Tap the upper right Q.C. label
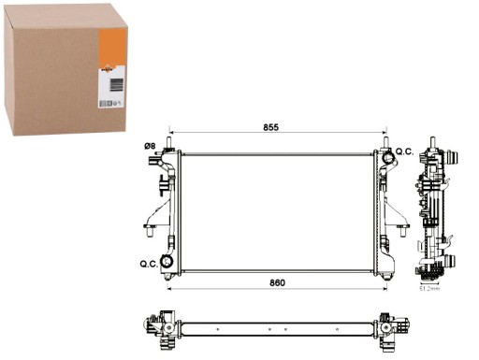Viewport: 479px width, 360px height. click(404, 151)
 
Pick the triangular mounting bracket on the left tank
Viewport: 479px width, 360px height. click(152, 224)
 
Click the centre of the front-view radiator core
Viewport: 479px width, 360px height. click(278, 212)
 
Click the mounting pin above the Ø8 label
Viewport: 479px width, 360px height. click(169, 143)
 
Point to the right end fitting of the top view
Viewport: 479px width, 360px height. click(393, 328)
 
